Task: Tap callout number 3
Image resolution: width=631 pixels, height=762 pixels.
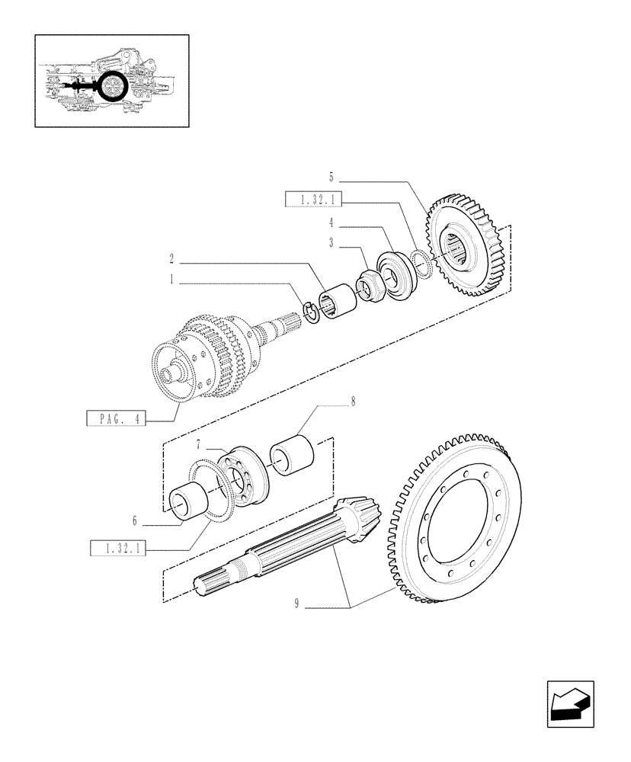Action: [331, 242]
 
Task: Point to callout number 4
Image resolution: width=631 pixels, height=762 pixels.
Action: [331, 223]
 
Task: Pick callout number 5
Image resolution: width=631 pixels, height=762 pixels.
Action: [331, 177]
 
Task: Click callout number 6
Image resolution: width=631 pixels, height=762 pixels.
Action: [135, 521]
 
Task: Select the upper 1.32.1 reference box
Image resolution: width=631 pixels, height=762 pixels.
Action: [313, 200]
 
